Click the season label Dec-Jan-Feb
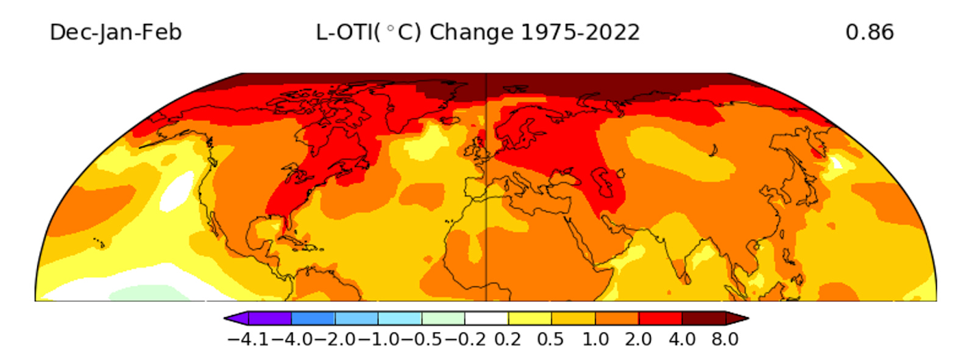(x=115, y=32)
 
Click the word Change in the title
(x=471, y=32)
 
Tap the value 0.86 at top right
(x=869, y=32)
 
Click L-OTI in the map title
(x=344, y=32)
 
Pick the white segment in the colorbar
(x=486, y=319)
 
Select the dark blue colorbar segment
(x=313, y=319)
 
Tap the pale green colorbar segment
(x=443, y=319)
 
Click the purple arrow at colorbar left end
(x=235, y=319)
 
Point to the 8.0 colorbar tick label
(x=725, y=339)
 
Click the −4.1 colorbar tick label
(x=247, y=339)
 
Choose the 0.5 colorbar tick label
(x=550, y=339)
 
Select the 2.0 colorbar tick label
(x=638, y=339)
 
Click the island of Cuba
(x=302, y=243)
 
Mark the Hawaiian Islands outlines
(x=98, y=242)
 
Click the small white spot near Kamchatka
(x=837, y=163)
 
